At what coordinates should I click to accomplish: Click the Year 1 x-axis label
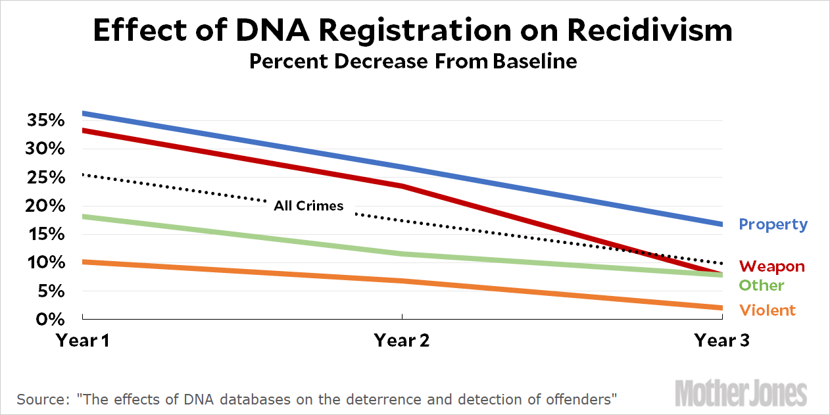point(83,340)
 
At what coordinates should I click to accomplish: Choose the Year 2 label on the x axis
point(402,340)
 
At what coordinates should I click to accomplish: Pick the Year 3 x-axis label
point(722,340)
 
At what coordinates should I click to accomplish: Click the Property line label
point(773,224)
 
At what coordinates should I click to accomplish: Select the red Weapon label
point(771,266)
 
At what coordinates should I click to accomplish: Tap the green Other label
point(762,285)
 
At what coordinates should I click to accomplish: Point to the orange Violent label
point(768,310)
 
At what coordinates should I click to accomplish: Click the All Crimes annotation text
point(308,206)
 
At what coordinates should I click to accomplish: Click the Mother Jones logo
point(741,393)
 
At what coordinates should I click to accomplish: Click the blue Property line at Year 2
point(402,167)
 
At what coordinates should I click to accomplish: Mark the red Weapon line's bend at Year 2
point(402,186)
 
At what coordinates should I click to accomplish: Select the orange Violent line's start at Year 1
point(84,262)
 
